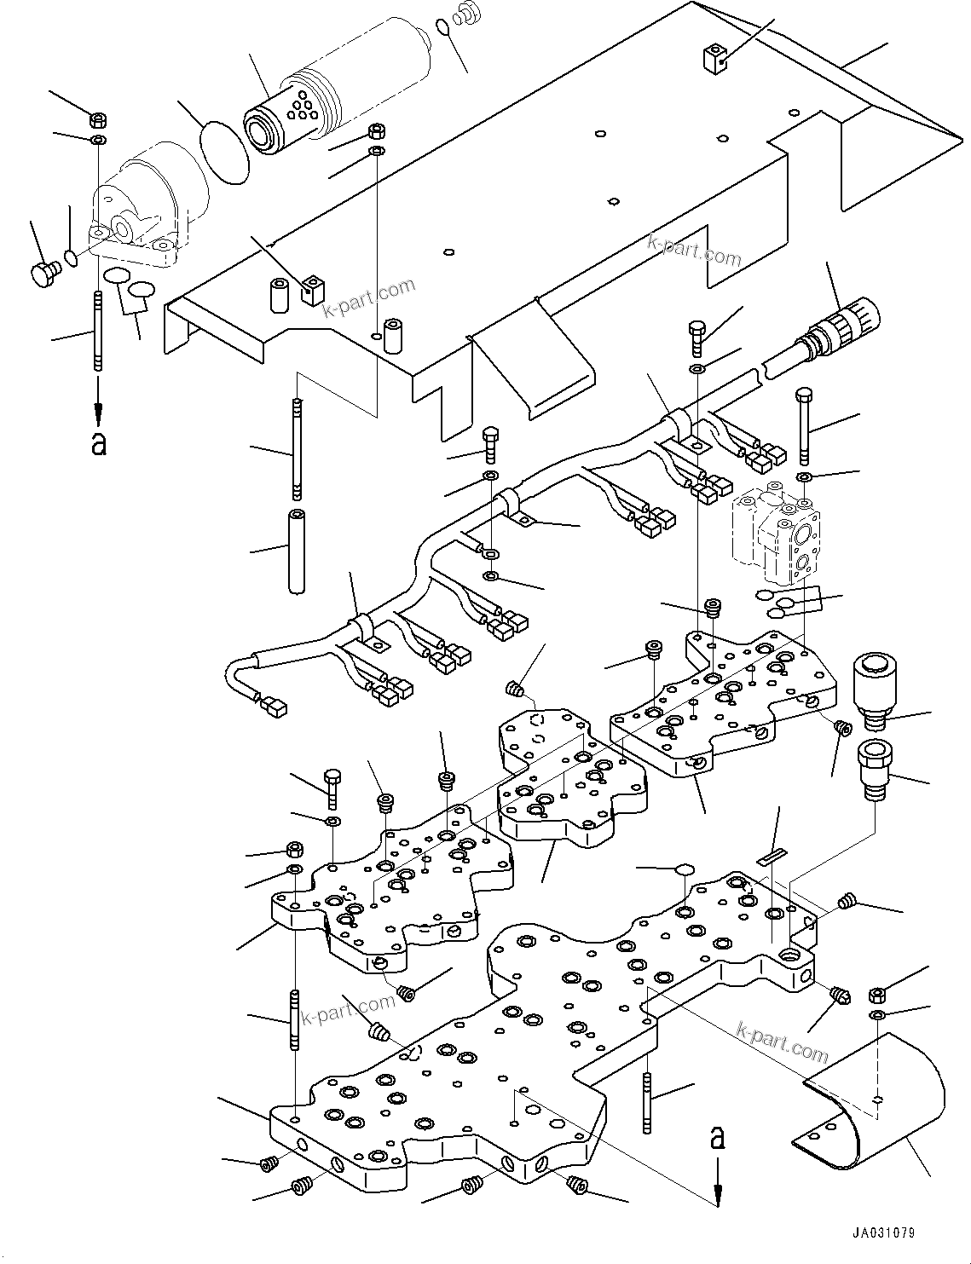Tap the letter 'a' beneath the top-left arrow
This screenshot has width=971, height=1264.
(x=99, y=443)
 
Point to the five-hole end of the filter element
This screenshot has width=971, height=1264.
(x=301, y=108)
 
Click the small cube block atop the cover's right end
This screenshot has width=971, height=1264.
(x=714, y=58)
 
